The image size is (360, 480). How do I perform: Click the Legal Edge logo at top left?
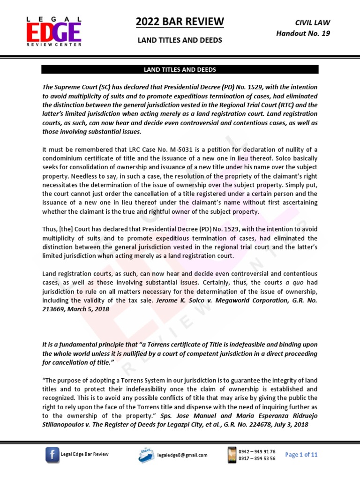click(x=53, y=31)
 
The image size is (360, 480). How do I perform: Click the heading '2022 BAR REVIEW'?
click(x=180, y=22)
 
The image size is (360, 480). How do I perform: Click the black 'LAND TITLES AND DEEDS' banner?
click(x=180, y=69)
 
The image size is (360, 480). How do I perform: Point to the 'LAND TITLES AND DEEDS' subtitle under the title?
click(x=180, y=41)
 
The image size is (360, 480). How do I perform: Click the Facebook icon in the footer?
click(x=52, y=454)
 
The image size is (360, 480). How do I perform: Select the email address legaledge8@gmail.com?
click(x=182, y=455)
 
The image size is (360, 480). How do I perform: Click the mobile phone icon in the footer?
click(x=232, y=454)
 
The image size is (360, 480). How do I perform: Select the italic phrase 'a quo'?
click(x=292, y=282)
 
